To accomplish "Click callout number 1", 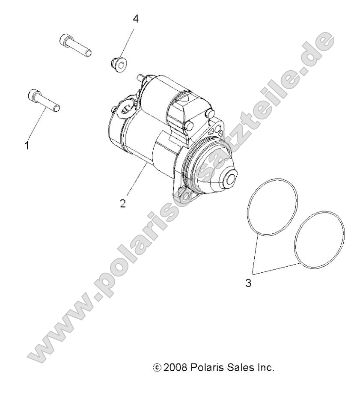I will click(27, 146).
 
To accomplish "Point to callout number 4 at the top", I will click(136, 19).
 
